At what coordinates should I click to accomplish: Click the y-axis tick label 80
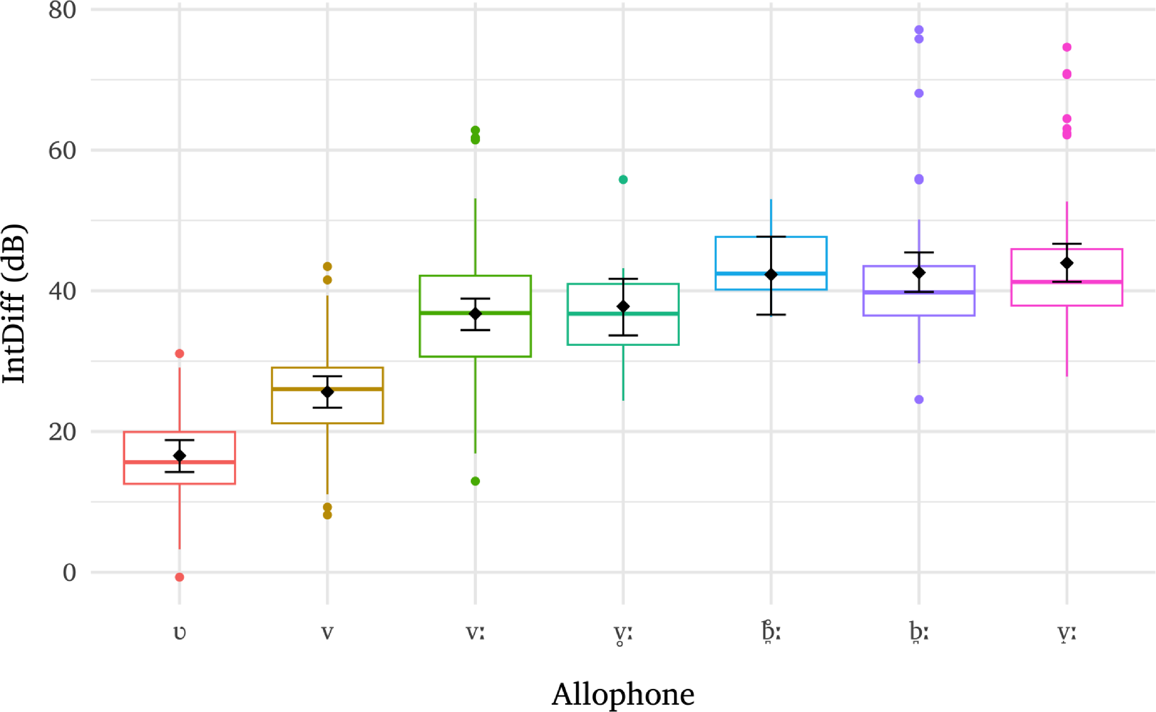pyautogui.click(x=62, y=10)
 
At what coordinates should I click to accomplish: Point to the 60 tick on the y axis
pyautogui.click(x=62, y=151)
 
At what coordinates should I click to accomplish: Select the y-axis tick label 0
pyautogui.click(x=70, y=573)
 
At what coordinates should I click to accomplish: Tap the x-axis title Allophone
pyautogui.click(x=623, y=695)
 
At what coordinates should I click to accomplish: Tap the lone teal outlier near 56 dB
pyautogui.click(x=623, y=179)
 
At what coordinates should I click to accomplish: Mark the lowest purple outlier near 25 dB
pyautogui.click(x=919, y=400)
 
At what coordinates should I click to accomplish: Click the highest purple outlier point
pyautogui.click(x=919, y=30)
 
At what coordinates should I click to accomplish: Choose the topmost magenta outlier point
pyautogui.click(x=1067, y=47)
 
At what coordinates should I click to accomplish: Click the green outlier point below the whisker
pyautogui.click(x=475, y=481)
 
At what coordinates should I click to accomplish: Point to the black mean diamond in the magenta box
pyautogui.click(x=1067, y=263)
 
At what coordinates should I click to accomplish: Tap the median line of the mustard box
pyautogui.click(x=327, y=389)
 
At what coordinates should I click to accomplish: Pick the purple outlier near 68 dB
pyautogui.click(x=919, y=93)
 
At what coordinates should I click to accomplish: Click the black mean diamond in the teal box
pyautogui.click(x=623, y=307)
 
